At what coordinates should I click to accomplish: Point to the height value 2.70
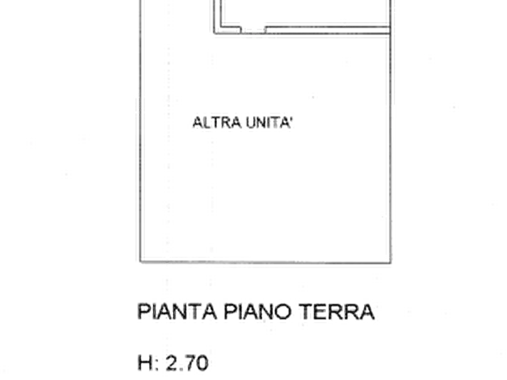point(187,362)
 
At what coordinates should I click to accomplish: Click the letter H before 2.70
point(143,362)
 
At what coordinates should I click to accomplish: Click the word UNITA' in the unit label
point(270,123)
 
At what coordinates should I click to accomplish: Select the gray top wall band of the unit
point(301,27)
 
